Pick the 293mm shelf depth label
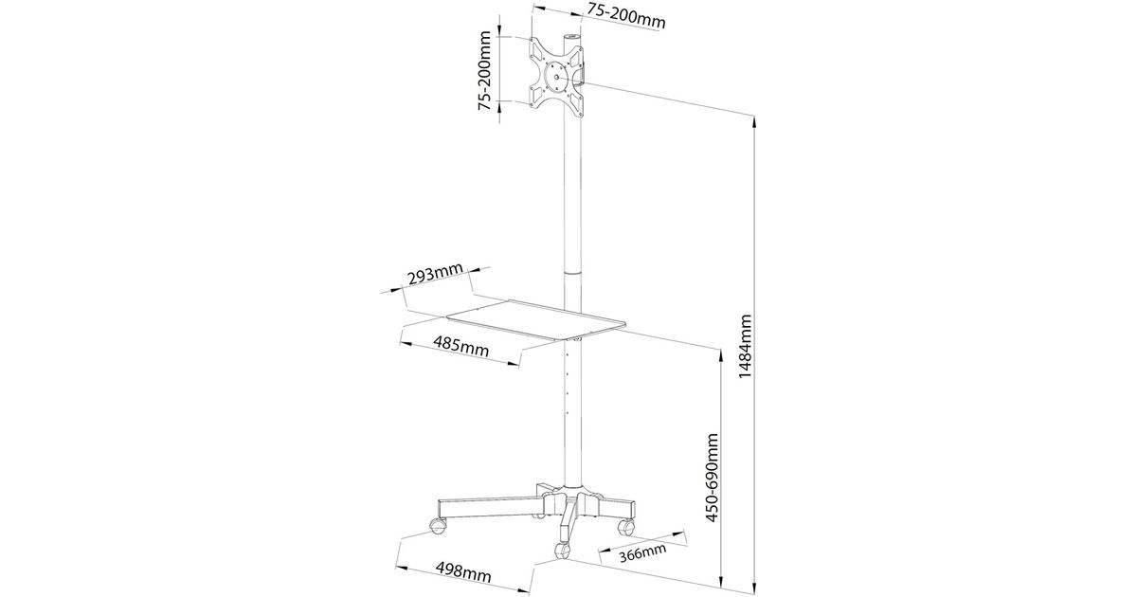pos(434,277)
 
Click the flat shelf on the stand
pos(535,321)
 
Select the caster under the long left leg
pos(438,525)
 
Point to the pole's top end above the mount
pos(571,40)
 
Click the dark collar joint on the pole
pos(571,272)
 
